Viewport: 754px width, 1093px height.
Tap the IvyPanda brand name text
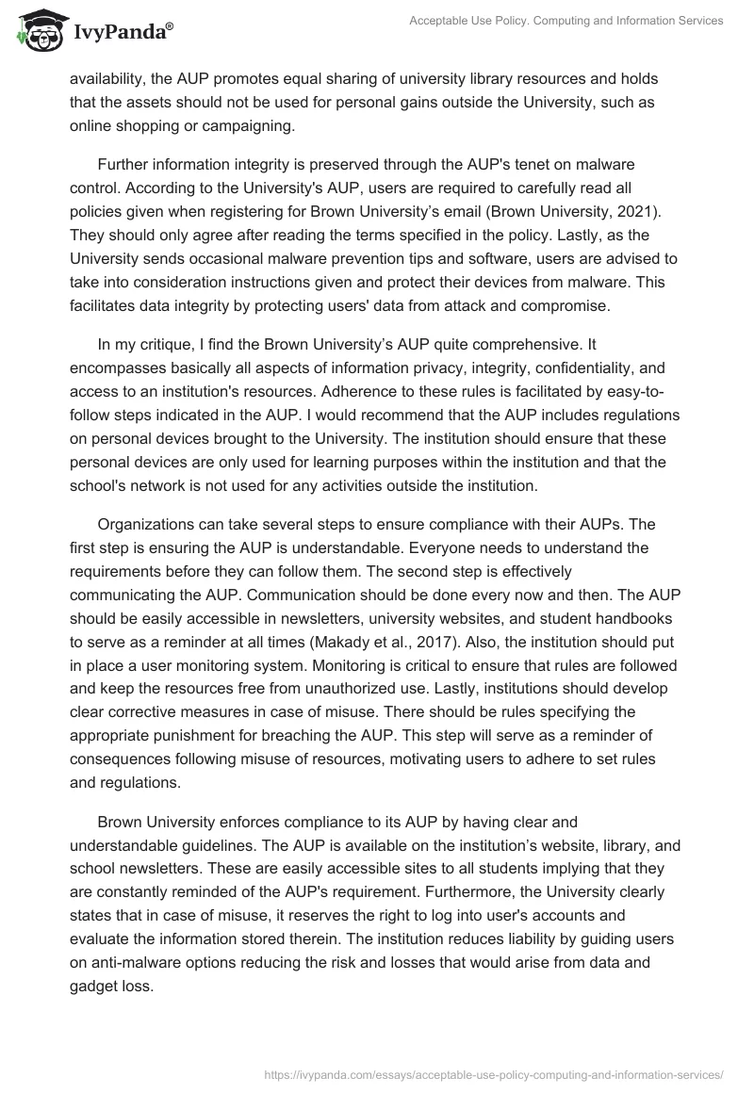pos(121,31)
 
